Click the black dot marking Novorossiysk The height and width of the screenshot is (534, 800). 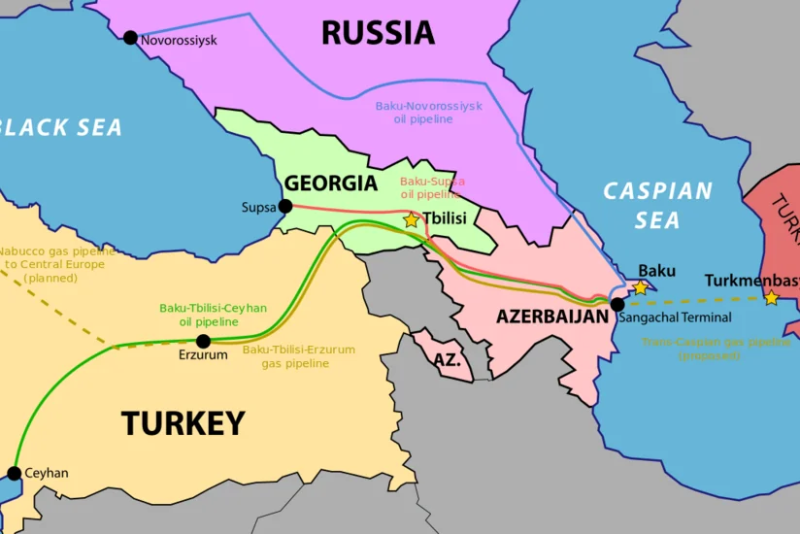click(x=130, y=38)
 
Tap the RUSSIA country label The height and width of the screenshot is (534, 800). click(x=378, y=33)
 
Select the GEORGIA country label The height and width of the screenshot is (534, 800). click(x=330, y=184)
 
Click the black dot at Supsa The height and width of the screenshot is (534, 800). click(x=284, y=206)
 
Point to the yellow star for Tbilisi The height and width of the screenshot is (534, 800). click(x=411, y=220)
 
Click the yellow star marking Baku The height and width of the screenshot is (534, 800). click(x=640, y=287)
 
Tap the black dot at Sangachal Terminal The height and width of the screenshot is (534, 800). click(x=617, y=304)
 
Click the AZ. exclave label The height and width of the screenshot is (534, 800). click(x=447, y=360)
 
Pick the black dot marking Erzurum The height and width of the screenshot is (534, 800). click(x=203, y=341)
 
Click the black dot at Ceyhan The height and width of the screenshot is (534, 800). click(x=14, y=474)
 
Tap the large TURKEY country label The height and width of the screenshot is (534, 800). click(x=183, y=423)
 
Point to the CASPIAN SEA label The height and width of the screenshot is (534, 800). click(x=657, y=206)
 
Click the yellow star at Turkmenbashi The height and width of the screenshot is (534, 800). click(x=771, y=297)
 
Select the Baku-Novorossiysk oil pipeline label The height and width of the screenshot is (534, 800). click(x=428, y=113)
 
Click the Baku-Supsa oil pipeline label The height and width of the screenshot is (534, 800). click(x=432, y=187)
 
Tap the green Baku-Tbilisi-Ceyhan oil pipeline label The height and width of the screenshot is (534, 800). click(x=213, y=315)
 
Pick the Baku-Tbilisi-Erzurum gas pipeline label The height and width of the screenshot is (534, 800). click(x=299, y=356)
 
